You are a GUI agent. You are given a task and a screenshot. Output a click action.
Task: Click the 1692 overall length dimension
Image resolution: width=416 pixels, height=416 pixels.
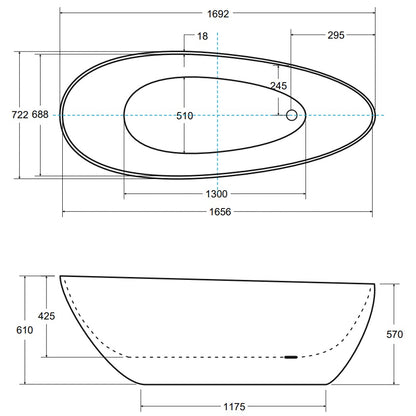click(x=218, y=14)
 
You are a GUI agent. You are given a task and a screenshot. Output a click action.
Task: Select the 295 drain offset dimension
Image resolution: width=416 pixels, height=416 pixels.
click(x=336, y=35)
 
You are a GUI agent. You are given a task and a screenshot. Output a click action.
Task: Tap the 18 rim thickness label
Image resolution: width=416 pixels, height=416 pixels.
click(x=202, y=36)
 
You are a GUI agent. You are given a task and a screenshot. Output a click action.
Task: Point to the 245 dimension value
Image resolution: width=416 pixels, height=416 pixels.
click(x=278, y=86)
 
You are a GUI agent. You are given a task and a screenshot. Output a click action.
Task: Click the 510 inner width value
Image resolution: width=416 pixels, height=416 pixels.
click(x=185, y=116)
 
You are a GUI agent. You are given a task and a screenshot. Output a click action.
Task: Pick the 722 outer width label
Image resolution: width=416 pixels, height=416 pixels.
click(x=20, y=115)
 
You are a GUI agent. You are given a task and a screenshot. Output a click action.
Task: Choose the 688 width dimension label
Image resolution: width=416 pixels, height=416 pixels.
click(x=40, y=115)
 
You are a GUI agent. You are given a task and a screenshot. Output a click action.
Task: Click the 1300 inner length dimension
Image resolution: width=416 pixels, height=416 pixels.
click(x=216, y=194)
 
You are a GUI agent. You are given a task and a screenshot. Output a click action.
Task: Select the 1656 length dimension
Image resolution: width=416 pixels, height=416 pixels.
click(x=220, y=212)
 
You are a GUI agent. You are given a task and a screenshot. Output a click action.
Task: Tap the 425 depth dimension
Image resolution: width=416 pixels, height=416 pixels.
click(x=46, y=316)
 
